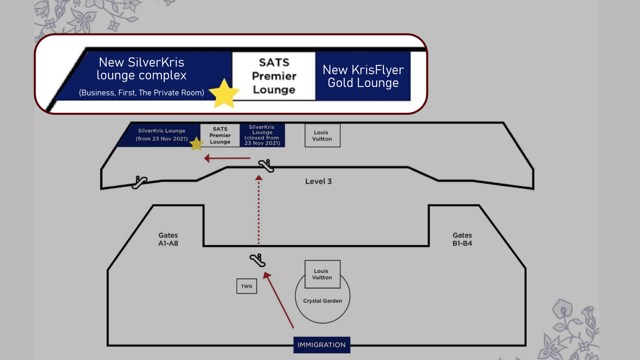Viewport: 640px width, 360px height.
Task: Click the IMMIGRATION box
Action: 322,345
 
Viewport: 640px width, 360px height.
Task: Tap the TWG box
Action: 246,286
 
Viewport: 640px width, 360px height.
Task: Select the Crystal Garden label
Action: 322,301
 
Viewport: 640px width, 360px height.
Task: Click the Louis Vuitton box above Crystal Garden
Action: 322,274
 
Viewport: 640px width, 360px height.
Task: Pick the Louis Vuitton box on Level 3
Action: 322,136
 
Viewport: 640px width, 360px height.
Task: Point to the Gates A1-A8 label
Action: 168,239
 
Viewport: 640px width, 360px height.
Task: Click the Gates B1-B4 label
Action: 462,239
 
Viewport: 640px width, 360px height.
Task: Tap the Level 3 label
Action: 318,182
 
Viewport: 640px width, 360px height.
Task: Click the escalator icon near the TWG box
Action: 258,260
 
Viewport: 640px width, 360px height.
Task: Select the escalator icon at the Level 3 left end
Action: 139,182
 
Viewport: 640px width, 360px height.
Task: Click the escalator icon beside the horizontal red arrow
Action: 266,166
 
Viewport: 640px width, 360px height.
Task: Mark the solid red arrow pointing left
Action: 228,158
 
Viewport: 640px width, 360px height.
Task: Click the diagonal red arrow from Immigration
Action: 279,300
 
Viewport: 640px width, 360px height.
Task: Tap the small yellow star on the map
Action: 196,144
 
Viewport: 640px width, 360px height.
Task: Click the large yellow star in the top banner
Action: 224,94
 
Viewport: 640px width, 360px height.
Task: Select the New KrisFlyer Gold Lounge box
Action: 363,76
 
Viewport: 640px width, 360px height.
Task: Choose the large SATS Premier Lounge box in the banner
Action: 274,76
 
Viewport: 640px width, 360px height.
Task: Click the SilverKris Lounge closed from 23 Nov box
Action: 262,135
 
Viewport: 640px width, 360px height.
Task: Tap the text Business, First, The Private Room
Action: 142,92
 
